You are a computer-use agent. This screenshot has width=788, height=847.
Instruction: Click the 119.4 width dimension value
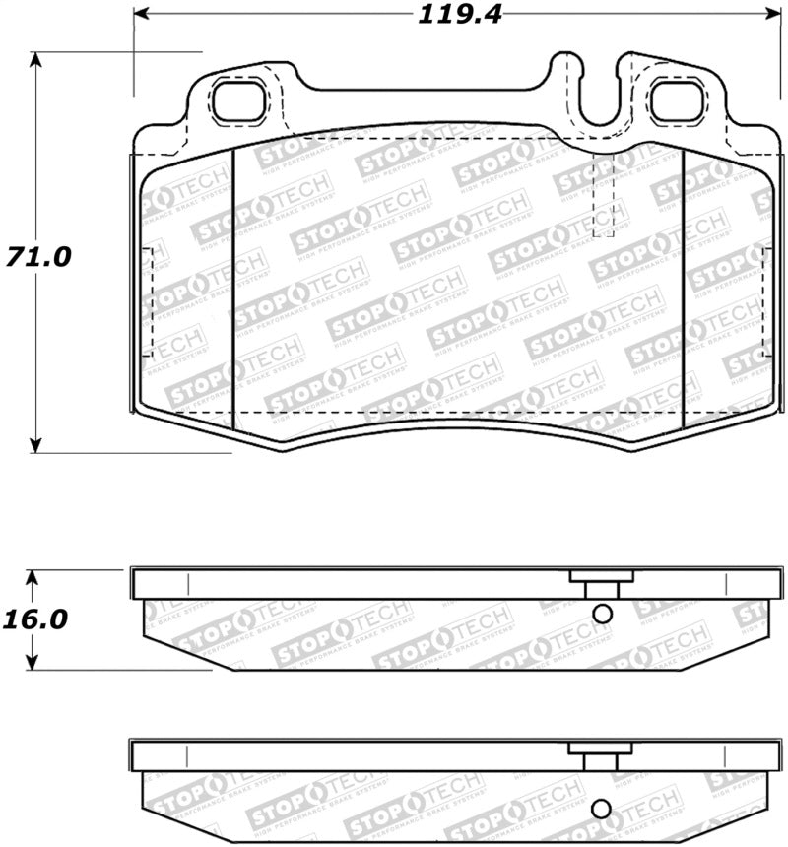click(448, 14)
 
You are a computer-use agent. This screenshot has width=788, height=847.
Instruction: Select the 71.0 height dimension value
click(36, 256)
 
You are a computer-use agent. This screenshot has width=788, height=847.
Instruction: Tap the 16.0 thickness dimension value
click(36, 620)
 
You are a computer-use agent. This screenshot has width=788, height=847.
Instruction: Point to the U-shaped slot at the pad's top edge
click(596, 98)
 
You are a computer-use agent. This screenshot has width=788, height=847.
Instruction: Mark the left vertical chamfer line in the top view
click(232, 286)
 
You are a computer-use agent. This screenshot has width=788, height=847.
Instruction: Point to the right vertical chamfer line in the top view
click(683, 286)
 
